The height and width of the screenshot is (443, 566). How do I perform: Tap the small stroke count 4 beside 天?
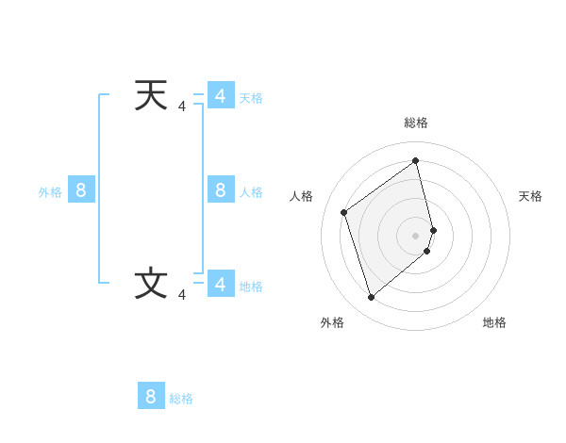point(182,107)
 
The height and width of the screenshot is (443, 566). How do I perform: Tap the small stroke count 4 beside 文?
point(182,295)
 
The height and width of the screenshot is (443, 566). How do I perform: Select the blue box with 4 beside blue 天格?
point(221,96)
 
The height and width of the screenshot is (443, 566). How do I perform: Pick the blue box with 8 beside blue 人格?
point(221,190)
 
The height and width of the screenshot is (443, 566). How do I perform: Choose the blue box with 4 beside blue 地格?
point(221,284)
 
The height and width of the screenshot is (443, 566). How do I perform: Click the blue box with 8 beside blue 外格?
point(81,190)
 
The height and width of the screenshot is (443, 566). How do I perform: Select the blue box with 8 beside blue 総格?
point(151,396)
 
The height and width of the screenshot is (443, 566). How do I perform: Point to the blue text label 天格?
point(251,98)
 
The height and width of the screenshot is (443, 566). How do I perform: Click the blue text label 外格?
point(50,192)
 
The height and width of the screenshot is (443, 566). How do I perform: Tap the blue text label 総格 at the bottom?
point(181,399)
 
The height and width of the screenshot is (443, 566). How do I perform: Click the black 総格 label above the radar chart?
point(416,123)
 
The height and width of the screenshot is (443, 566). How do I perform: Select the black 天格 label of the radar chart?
point(530,196)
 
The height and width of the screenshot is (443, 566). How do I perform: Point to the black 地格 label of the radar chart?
point(494,322)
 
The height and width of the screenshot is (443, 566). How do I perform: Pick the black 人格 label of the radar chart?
point(302,196)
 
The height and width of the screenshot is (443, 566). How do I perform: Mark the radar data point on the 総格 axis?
point(416,161)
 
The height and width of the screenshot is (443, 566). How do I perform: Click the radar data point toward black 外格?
point(371,298)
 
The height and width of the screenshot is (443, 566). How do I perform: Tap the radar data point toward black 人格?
point(344,212)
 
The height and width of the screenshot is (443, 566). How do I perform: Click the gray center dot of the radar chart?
point(416,235)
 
